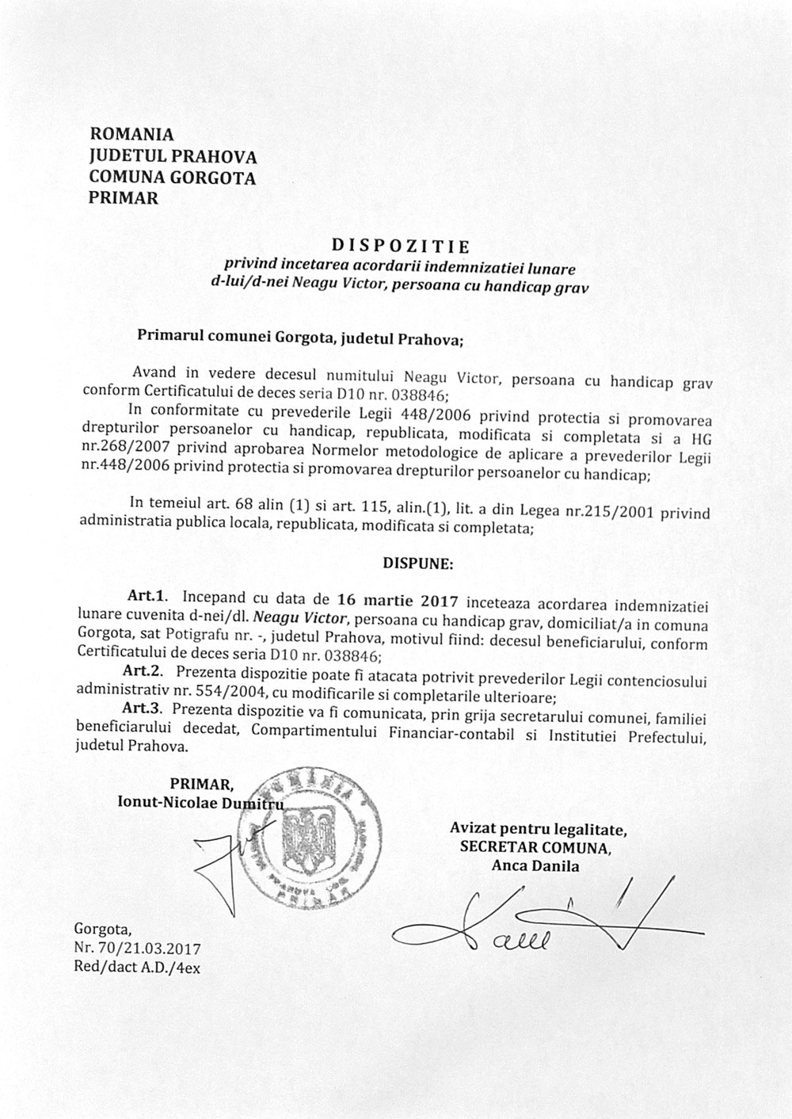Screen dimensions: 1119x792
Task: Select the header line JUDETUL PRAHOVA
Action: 173,156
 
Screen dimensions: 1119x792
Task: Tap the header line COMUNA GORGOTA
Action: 173,178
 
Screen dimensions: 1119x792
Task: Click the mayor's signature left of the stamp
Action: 226,864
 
